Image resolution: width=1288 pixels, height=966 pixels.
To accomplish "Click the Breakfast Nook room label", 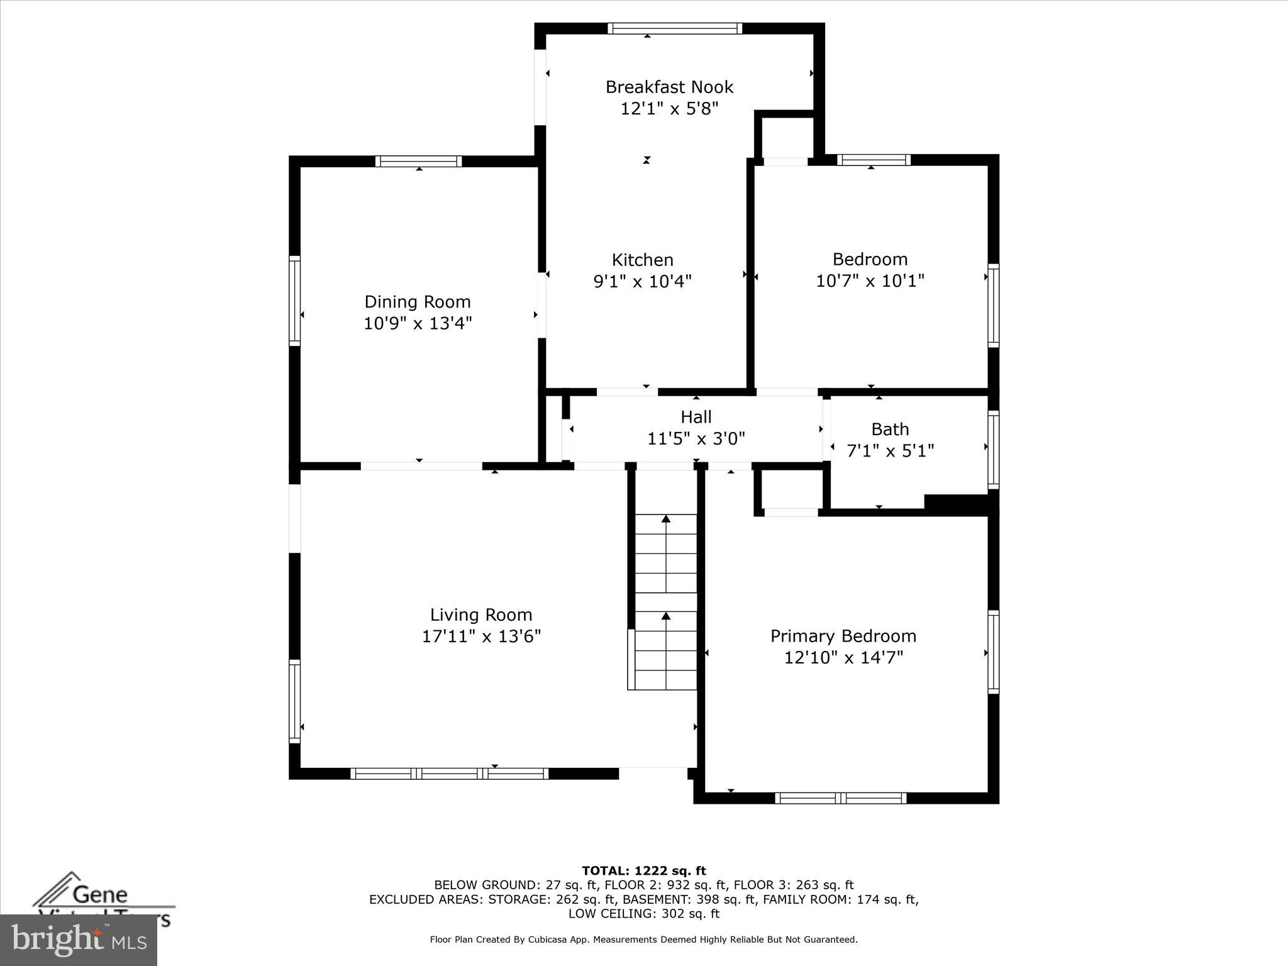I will point(669,87).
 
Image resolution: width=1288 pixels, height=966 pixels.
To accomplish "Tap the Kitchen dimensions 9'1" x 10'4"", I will point(642,281).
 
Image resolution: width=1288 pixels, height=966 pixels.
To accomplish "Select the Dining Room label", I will point(418,302).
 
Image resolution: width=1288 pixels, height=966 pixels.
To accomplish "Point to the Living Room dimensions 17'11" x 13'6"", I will point(481,636).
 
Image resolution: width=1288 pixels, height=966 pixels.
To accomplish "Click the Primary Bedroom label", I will point(843,636).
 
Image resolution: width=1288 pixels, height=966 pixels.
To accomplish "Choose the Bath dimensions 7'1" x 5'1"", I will point(890,451).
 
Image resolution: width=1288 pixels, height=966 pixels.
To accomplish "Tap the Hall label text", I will point(696,417).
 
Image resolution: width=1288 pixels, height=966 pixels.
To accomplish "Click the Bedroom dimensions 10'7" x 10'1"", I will point(870,280).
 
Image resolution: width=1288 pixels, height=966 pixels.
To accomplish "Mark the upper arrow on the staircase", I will point(666,519).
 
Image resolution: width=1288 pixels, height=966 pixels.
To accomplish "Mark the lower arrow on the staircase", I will point(666,616).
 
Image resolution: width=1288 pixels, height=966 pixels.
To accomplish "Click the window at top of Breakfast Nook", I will point(674,28).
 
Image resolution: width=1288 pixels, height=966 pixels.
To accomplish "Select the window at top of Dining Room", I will point(418,162).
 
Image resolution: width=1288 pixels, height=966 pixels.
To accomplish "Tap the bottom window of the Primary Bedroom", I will point(840,798).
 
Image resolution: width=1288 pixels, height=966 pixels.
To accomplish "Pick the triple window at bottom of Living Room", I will point(449,774).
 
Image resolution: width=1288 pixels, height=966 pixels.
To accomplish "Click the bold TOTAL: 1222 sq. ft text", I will point(643,871).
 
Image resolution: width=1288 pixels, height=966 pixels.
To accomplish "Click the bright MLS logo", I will point(79,940).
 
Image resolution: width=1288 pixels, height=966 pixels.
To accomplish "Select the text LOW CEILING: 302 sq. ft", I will point(643,914).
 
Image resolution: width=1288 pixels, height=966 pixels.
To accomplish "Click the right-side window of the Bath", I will point(993,449).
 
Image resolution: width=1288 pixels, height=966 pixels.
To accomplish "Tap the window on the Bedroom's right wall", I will point(993,305).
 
